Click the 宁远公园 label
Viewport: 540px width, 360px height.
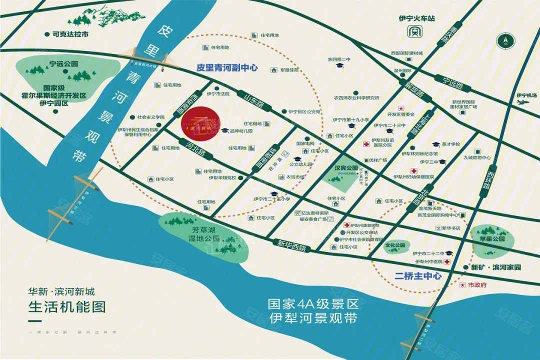pyautogui.click(x=64, y=64)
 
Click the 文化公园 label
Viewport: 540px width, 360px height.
pyautogui.click(x=395, y=246)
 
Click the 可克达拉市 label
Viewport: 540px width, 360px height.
pyautogui.click(x=69, y=34)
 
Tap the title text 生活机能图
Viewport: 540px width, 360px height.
pyautogui.click(x=67, y=306)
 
